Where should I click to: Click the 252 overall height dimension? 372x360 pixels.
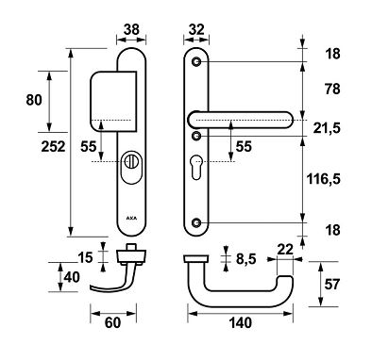coord(53,147)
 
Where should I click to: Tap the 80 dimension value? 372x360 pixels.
coord(34,100)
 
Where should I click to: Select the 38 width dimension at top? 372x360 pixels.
coord(131,29)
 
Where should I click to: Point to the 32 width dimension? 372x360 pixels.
coord(196,29)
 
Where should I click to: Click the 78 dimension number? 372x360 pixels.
coord(332,90)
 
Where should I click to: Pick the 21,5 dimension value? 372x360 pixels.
coord(327,128)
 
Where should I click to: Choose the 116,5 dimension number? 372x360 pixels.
coord(324,180)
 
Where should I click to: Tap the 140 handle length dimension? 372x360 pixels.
coord(241,322)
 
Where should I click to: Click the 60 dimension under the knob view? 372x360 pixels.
coord(112,322)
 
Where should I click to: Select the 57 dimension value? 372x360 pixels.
coord(332,285)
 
